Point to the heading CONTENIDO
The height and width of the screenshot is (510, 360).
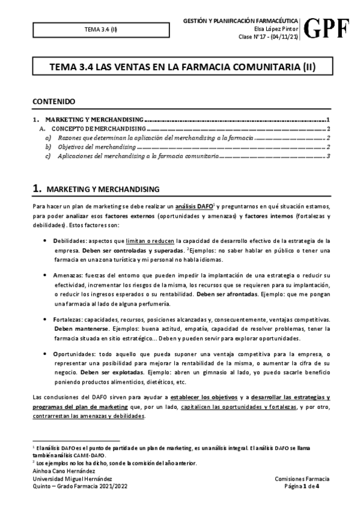53,102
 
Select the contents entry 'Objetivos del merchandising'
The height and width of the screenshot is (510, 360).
97,146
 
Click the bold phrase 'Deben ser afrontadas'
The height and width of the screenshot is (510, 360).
225,295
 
